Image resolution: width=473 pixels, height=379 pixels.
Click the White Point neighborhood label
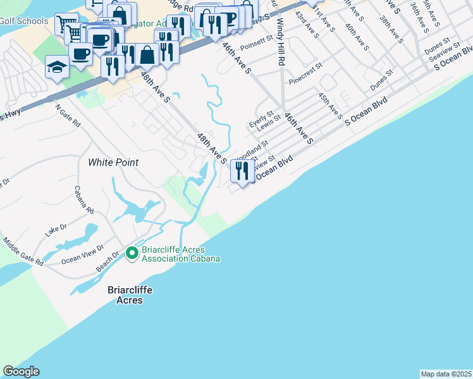(113, 162)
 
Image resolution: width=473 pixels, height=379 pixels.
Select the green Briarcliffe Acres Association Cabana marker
(132, 254)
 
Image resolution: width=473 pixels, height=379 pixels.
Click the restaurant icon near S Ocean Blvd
(242, 170)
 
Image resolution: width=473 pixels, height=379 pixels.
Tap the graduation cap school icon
(57, 67)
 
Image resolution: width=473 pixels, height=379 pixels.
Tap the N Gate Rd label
(68, 114)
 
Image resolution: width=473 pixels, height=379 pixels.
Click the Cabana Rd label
(84, 200)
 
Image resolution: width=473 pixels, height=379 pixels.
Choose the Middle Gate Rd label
(23, 251)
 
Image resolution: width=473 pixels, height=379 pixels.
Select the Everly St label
(260, 119)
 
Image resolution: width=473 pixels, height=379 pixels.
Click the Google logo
(21, 372)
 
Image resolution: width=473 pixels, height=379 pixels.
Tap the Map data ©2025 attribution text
(446, 374)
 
